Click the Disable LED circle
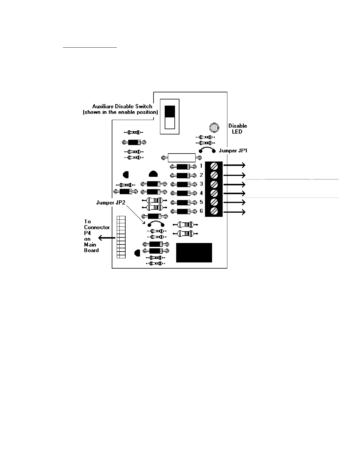point(214,127)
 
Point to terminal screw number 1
point(214,166)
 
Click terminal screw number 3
point(214,184)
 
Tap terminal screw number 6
point(214,211)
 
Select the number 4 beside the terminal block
point(201,193)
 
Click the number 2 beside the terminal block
point(201,175)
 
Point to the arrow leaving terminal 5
point(234,202)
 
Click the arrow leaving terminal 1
point(234,166)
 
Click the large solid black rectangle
point(194,252)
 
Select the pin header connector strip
point(121,237)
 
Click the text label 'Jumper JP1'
point(233,151)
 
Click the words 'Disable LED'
point(237,129)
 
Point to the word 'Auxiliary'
point(103,106)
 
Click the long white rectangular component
point(181,158)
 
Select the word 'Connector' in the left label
point(97,227)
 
